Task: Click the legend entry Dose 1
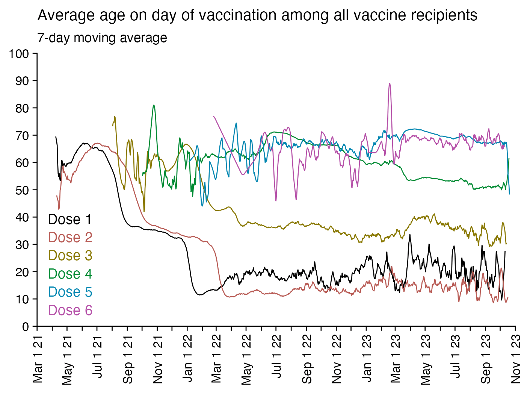click(70, 220)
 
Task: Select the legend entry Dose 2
click(70, 238)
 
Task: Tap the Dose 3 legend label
click(70, 256)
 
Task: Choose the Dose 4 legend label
click(70, 274)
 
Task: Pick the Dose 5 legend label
click(70, 292)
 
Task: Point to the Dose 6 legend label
click(70, 310)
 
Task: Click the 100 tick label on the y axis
click(19, 54)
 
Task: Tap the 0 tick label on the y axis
click(25, 326)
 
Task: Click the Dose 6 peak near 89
click(390, 83)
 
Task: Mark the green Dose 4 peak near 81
click(154, 105)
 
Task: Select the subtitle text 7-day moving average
click(102, 38)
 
